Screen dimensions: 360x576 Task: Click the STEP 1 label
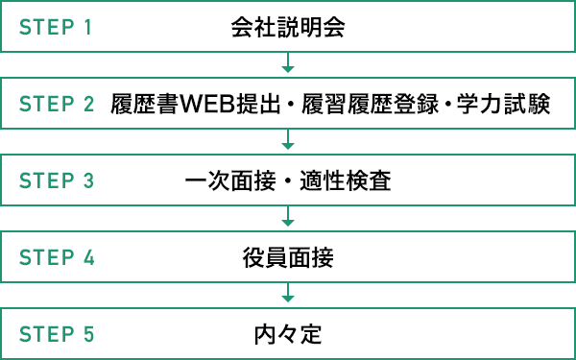(56, 27)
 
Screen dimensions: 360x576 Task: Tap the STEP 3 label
(56, 180)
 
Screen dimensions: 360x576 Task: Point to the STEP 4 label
(56, 257)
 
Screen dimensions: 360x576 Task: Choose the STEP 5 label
(56, 335)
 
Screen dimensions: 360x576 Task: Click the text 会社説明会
(288, 27)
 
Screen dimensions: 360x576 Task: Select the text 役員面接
(288, 257)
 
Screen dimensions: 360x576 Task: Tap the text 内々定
(288, 335)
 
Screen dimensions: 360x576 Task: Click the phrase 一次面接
(226, 180)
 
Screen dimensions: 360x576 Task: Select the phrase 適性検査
(352, 180)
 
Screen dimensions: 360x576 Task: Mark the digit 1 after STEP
(88, 27)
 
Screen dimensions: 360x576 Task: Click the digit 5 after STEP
(89, 335)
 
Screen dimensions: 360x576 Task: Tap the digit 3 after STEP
(89, 180)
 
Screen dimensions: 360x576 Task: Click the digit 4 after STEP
(89, 257)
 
